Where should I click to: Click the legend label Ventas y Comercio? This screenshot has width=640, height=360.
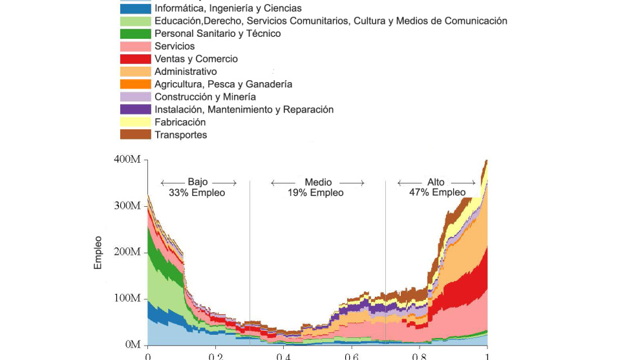pos(196,59)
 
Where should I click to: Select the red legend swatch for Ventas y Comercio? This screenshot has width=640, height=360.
pos(136,59)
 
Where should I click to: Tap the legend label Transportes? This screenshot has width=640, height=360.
pos(181,134)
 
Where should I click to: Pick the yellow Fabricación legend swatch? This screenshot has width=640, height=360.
pos(136,122)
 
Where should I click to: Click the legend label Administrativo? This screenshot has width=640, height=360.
pos(186,72)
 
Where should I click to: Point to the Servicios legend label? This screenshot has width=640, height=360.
pos(175,47)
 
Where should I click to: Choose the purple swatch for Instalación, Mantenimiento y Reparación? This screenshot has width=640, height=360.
pos(136,109)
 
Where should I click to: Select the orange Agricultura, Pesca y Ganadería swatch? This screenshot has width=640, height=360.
pos(136,84)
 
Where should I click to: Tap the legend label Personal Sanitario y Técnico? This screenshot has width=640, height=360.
pos(218,34)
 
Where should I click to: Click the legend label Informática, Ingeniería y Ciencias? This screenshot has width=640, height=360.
pos(228,8)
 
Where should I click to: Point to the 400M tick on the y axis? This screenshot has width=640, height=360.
pos(127,159)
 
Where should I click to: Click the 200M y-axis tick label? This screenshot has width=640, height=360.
pos(127,251)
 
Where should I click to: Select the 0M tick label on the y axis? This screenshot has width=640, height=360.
pos(131,344)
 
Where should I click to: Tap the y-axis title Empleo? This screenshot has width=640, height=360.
pos(98,252)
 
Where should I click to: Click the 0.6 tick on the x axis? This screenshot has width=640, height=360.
pos(351,356)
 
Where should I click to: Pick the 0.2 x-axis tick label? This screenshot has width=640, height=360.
pos(215,356)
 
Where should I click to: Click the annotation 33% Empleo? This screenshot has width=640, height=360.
pos(197,193)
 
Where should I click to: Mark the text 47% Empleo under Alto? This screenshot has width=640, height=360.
pos(437,193)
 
